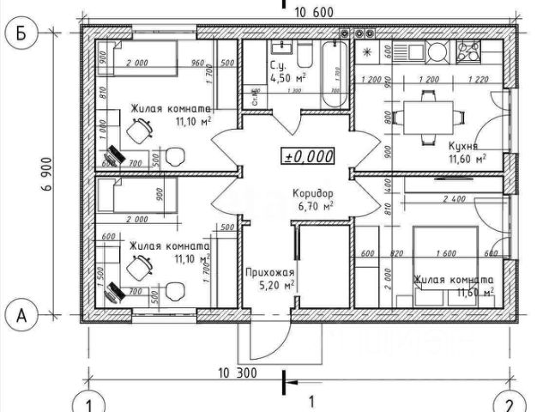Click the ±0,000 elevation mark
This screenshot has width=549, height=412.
point(308,156)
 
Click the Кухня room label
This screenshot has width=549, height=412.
point(463,145)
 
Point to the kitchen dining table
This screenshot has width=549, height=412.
point(425,114)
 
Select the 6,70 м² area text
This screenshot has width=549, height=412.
point(315,206)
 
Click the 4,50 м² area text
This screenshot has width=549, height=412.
point(281,76)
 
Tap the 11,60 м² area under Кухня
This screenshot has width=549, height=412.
point(468,159)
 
